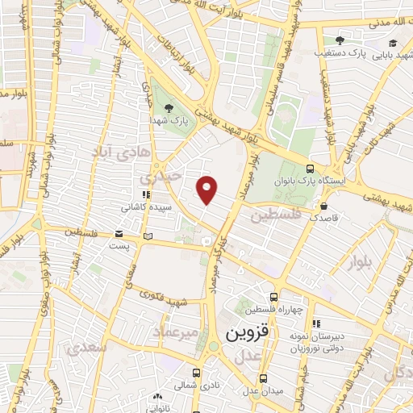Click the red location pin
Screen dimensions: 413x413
207,190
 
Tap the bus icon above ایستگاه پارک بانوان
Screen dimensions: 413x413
311,169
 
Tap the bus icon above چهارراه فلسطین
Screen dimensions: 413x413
274,296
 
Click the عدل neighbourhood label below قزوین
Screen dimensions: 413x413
251,356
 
